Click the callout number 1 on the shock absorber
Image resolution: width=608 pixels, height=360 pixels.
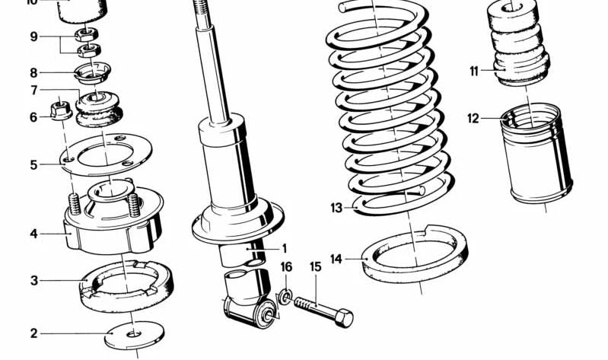pos(284,248)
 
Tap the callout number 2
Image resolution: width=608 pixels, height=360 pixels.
pos(33,333)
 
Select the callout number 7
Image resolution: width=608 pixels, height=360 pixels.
pos(33,91)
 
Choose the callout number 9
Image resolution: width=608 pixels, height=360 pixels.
pos(33,36)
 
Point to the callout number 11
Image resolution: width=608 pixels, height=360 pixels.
pos(473,72)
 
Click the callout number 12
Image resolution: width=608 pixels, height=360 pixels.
pos(473,118)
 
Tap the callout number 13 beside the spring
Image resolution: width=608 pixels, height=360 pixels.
pos(336,207)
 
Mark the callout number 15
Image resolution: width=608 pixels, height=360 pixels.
pos(315,266)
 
